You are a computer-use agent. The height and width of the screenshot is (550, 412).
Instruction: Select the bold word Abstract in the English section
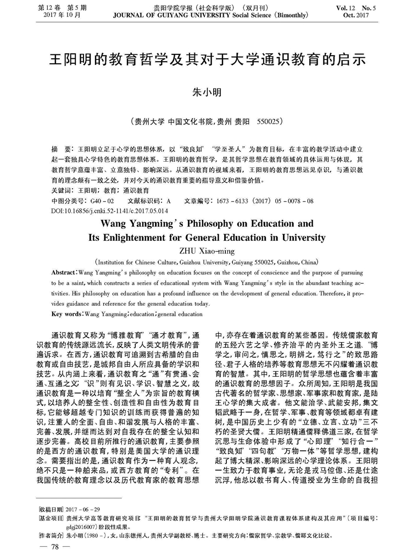65,273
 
